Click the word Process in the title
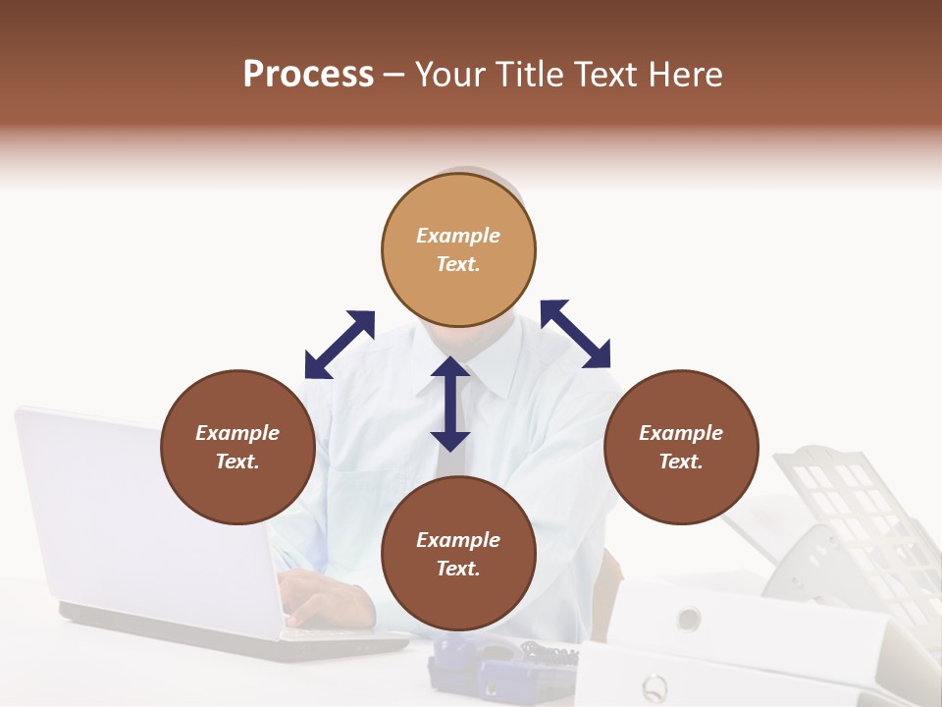[x=308, y=75]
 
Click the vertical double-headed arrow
[x=450, y=404]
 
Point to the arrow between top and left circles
[x=340, y=345]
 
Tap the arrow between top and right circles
[x=575, y=334]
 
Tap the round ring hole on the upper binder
[x=689, y=619]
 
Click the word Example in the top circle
[x=458, y=236]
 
